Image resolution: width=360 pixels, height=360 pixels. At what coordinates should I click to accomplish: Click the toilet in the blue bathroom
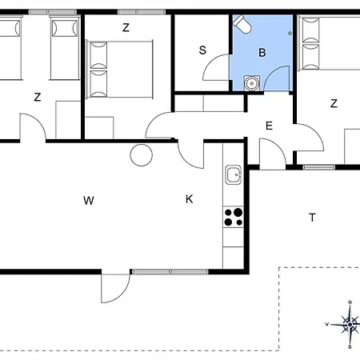pyautogui.click(x=242, y=24)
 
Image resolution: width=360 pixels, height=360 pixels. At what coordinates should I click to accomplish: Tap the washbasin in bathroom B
pyautogui.click(x=251, y=83)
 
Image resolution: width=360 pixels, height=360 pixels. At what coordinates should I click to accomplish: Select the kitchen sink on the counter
pyautogui.click(x=234, y=175)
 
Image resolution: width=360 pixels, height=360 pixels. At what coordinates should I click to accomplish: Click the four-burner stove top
pyautogui.click(x=234, y=217)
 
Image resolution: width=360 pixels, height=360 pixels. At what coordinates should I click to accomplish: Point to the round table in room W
pyautogui.click(x=142, y=155)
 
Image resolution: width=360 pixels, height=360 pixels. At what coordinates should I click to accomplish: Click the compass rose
pyautogui.click(x=350, y=325)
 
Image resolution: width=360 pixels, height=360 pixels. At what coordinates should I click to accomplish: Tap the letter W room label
pyautogui.click(x=89, y=201)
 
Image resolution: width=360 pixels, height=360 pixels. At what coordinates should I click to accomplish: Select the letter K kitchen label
pyautogui.click(x=189, y=199)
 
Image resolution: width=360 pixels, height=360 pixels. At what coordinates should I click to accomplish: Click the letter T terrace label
pyautogui.click(x=312, y=218)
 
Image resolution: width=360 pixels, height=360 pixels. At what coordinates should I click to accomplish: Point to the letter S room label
pyautogui.click(x=202, y=50)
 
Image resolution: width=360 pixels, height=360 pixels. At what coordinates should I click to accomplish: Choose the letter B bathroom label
pyautogui.click(x=262, y=53)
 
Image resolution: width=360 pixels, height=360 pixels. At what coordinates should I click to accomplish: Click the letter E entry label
pyautogui.click(x=269, y=126)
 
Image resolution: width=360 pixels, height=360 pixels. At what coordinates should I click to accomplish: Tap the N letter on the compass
pyautogui.click(x=350, y=302)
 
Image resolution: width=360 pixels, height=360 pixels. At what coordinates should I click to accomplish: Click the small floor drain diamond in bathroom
pyautogui.click(x=290, y=33)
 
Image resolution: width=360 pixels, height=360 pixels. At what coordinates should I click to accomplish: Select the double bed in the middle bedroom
pyautogui.click(x=119, y=70)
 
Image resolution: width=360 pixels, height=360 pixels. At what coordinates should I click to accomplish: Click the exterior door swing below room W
pyautogui.click(x=115, y=288)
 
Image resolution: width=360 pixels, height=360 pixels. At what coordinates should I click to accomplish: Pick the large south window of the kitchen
pyautogui.click(x=170, y=272)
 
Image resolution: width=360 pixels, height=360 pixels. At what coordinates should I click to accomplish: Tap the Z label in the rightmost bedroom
pyautogui.click(x=334, y=103)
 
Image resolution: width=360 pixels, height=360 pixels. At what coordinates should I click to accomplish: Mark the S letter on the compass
pyautogui.click(x=350, y=346)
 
